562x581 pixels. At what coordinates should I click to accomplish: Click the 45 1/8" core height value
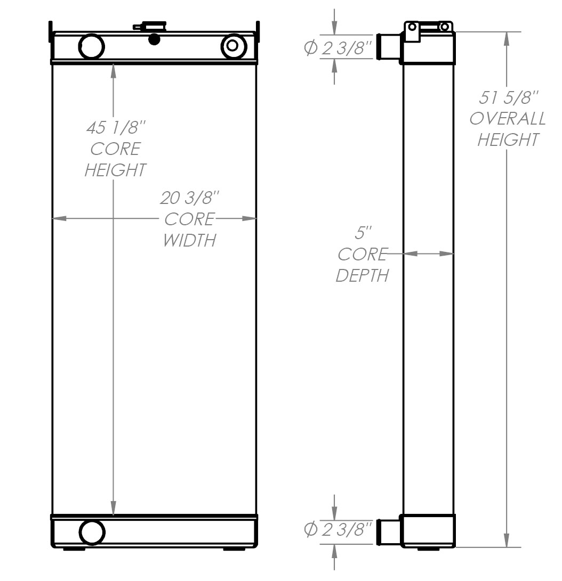(x=115, y=128)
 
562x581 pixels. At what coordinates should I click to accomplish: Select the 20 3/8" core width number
(x=190, y=198)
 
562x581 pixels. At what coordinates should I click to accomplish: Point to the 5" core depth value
(x=363, y=233)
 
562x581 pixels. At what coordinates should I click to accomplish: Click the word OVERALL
(x=507, y=119)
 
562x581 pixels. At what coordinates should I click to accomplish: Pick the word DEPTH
(x=362, y=275)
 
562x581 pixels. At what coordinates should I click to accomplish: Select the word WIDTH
(x=189, y=240)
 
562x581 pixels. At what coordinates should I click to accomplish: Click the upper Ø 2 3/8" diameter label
(x=338, y=48)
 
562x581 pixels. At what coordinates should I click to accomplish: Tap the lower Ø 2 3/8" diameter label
(x=338, y=529)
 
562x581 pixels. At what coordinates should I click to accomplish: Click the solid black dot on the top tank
(x=154, y=39)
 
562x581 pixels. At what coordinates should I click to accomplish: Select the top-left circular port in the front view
(x=91, y=46)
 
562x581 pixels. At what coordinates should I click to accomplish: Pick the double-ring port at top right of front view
(x=233, y=46)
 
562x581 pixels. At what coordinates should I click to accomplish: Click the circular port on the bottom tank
(x=92, y=531)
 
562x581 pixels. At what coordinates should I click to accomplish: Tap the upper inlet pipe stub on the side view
(x=388, y=47)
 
